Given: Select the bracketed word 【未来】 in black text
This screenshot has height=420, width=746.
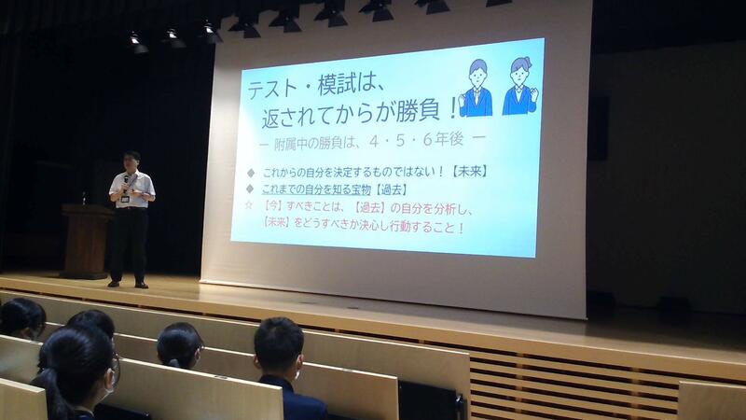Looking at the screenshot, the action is [470, 172].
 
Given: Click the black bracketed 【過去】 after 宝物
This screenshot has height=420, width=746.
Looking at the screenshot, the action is [391, 189].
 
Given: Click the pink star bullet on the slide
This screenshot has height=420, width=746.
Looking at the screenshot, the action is [248, 205].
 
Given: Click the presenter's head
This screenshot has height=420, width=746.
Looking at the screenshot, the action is [131, 161].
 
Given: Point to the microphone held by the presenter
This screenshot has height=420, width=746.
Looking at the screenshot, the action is [126, 181].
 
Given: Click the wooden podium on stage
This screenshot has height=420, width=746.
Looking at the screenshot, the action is [86, 242].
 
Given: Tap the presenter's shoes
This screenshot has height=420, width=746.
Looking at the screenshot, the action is [128, 285].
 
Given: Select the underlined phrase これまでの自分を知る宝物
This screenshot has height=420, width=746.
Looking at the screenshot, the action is [316, 189].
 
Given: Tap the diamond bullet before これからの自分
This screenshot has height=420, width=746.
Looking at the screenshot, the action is [250, 173].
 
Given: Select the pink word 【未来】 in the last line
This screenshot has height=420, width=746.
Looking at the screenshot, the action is [276, 222].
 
